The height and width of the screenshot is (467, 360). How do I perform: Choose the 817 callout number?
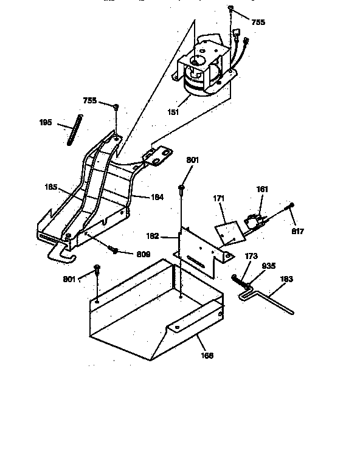pyautogui.click(x=297, y=231)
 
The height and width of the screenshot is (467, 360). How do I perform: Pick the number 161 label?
pyautogui.click(x=262, y=190)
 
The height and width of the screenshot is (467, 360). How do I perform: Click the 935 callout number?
pyautogui.click(x=269, y=266)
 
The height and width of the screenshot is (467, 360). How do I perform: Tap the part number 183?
pyautogui.click(x=286, y=279)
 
